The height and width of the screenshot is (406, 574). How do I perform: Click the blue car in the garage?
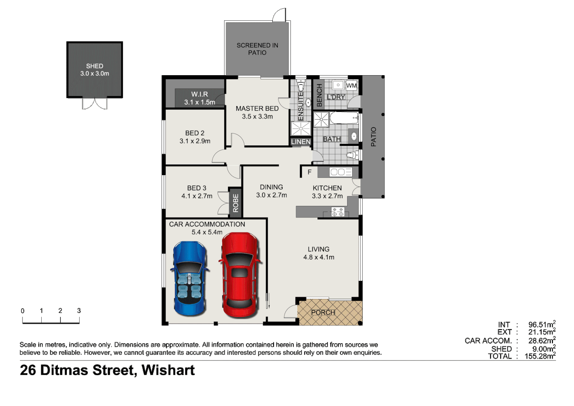click(189, 278)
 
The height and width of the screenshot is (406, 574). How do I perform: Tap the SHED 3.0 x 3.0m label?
click(95, 70)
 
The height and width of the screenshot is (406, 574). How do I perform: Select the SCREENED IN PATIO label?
click(257, 49)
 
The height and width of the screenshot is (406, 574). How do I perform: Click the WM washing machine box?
click(351, 86)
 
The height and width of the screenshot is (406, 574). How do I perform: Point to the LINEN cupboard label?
click(301, 142)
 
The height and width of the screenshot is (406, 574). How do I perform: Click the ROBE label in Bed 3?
click(235, 203)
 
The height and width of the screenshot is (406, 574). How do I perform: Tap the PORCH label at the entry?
click(323, 312)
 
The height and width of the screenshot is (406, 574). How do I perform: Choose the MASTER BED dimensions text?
click(257, 117)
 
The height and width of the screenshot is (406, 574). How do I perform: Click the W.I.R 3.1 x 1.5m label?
click(199, 98)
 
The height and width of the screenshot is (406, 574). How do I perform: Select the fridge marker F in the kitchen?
click(309, 172)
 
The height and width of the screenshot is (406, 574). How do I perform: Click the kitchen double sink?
click(340, 172)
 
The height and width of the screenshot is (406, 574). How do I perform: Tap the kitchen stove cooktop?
click(337, 212)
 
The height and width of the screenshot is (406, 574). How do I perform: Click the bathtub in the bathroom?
click(344, 118)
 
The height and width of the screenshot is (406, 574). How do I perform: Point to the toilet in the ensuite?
click(300, 85)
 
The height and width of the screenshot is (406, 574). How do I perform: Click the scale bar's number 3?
click(79, 311)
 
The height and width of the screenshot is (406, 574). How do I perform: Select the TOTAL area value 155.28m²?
click(539, 356)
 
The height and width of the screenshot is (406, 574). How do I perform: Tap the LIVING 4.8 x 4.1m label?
click(319, 253)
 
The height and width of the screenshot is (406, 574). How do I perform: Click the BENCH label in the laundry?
click(319, 95)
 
